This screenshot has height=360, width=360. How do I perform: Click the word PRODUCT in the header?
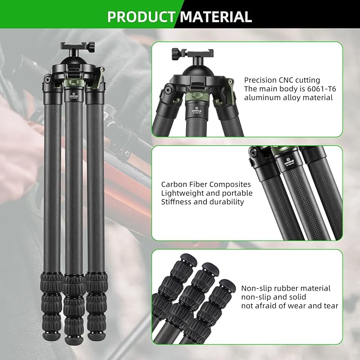click(x=141, y=17)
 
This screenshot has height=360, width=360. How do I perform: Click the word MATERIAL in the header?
click(x=215, y=17)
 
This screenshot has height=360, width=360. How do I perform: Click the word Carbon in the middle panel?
click(x=173, y=184)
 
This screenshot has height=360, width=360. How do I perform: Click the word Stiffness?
click(x=178, y=202)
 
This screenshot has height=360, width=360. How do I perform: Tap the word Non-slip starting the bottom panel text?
click(x=257, y=288)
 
